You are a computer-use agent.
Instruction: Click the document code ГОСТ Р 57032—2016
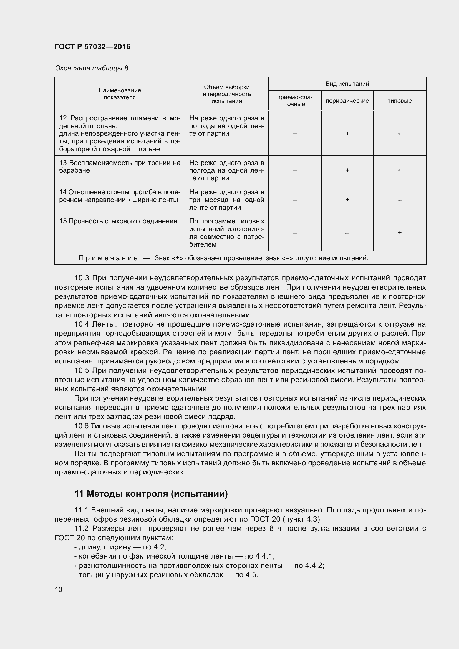(92, 47)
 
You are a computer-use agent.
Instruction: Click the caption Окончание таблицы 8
(91, 68)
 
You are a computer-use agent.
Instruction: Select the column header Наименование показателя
(120, 94)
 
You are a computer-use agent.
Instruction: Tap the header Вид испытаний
(347, 84)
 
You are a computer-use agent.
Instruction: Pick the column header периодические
(347, 101)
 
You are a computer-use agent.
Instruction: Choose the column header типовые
(399, 101)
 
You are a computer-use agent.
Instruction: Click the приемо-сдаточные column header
(294, 101)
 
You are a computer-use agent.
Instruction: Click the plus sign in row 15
(399, 233)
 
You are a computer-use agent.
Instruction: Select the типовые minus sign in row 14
(399, 200)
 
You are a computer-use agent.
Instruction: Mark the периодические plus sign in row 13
(347, 170)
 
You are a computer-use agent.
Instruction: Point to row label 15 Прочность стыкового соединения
(118, 221)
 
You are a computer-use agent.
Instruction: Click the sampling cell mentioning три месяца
(226, 200)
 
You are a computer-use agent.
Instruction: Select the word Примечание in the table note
(108, 258)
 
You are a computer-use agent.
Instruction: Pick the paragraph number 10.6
(82, 426)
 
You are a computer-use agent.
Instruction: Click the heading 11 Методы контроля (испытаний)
(151, 494)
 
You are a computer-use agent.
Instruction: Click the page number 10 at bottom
(59, 590)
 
